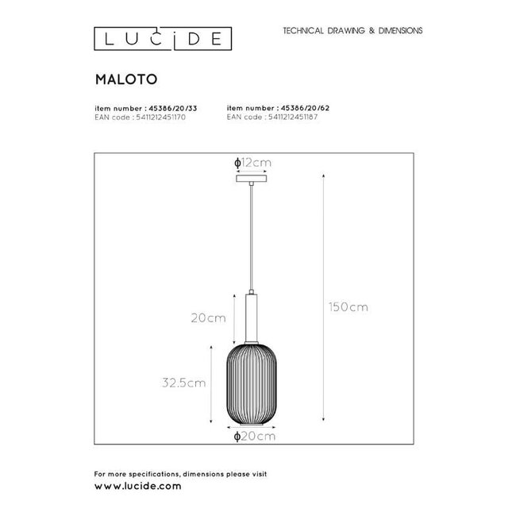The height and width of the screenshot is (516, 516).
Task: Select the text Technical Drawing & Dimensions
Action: coord(347,30)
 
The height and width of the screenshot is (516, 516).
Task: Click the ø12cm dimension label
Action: coord(253,163)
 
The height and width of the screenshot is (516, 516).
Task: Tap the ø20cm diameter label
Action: coord(254,435)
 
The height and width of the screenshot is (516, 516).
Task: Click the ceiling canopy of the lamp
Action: coord(253,181)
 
